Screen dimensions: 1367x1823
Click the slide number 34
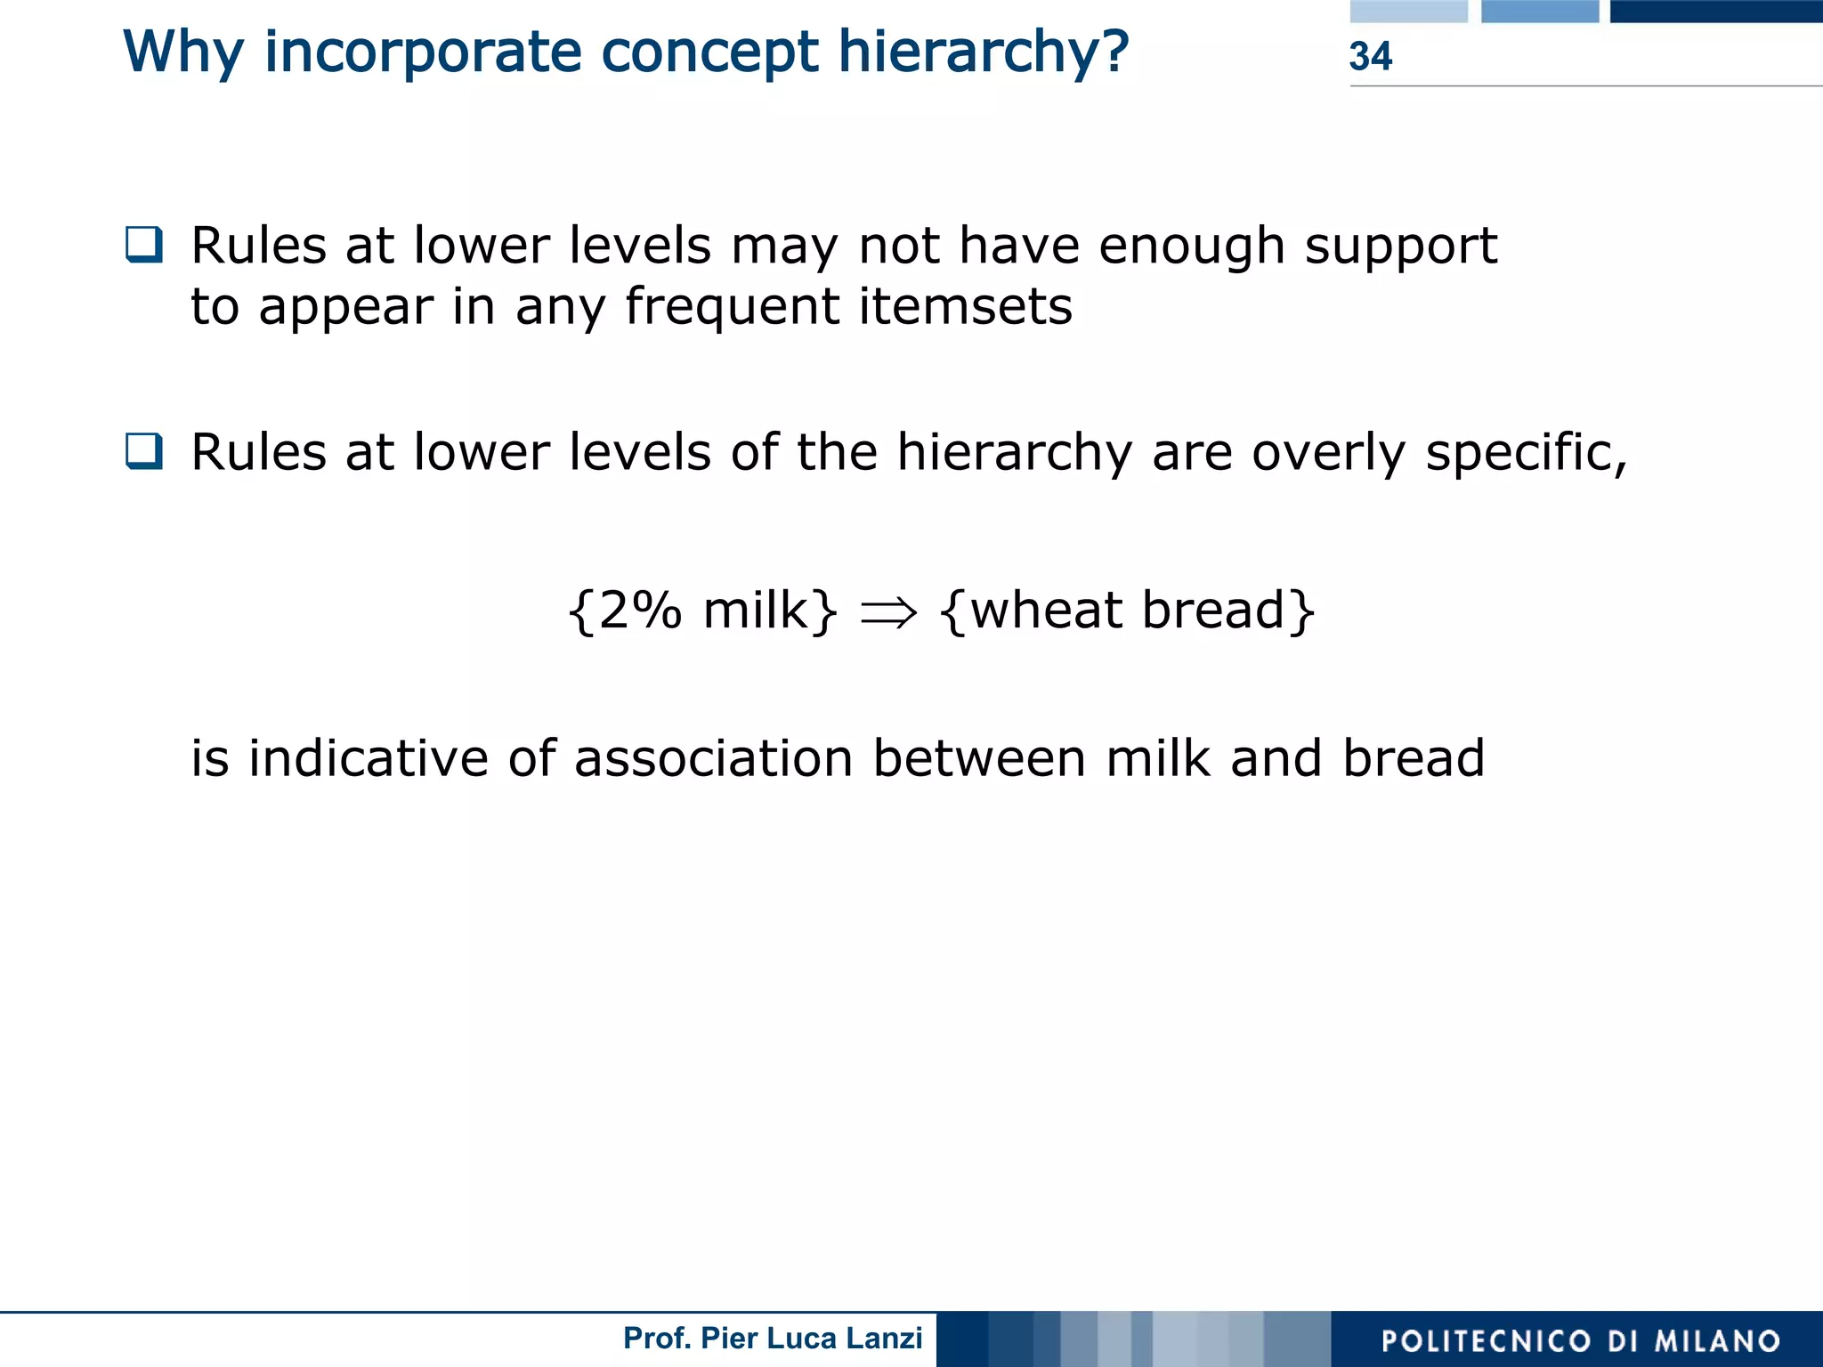point(1370,57)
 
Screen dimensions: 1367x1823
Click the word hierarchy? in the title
point(984,53)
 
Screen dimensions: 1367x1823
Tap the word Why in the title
point(182,53)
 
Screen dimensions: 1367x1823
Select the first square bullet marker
point(144,245)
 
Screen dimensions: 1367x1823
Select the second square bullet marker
point(144,450)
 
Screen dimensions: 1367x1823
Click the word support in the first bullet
point(1401,247)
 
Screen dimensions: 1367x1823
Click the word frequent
point(733,308)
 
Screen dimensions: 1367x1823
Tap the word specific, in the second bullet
point(1526,454)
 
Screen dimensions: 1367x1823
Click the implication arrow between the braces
point(888,613)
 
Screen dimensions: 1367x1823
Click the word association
point(714,759)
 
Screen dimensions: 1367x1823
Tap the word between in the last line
point(979,759)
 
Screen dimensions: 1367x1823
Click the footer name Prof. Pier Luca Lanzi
point(773,1339)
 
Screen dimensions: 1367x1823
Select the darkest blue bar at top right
point(1715,11)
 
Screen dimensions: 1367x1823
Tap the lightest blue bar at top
point(1408,11)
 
